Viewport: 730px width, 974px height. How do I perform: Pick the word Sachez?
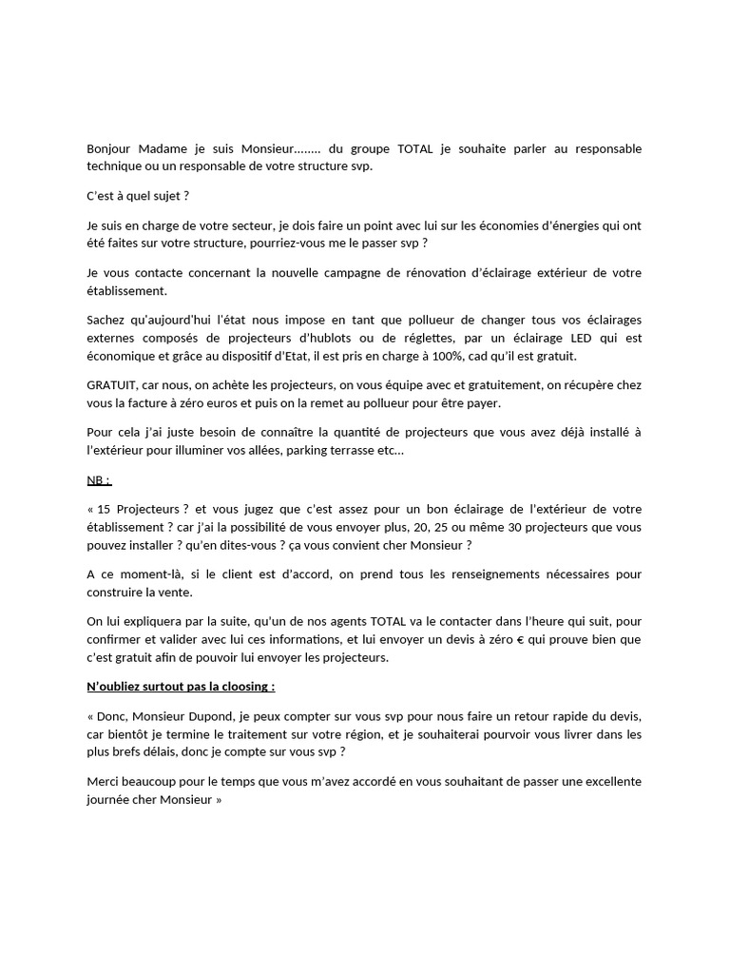106,321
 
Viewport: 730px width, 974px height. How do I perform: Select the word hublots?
329,338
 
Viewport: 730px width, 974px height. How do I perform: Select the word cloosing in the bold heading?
240,686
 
